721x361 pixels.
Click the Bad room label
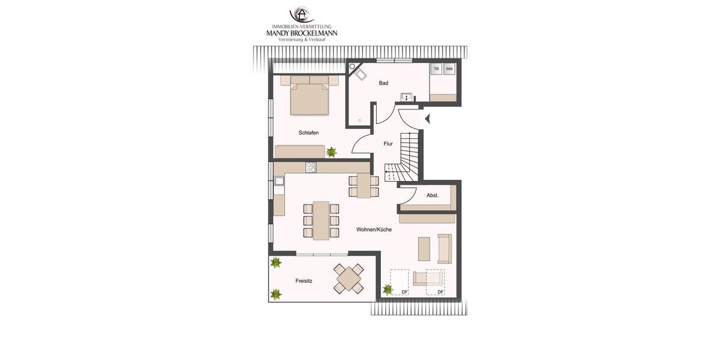click(383, 83)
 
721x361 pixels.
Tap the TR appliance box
click(437, 69)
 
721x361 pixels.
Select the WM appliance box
click(449, 69)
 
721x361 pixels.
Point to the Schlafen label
click(308, 132)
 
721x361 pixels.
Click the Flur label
click(388, 144)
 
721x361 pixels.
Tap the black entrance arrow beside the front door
click(427, 119)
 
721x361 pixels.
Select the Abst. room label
click(432, 195)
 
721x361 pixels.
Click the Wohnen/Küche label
click(374, 229)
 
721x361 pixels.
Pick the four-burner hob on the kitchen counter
click(311, 167)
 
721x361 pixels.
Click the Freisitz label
click(304, 280)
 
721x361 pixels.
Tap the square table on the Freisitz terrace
click(349, 279)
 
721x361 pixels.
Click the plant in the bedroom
click(332, 152)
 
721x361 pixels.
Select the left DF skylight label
click(404, 292)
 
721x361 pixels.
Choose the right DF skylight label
click(440, 292)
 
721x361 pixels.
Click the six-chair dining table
click(321, 220)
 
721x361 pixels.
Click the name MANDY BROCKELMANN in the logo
click(302, 33)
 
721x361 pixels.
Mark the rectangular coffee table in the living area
click(424, 248)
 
